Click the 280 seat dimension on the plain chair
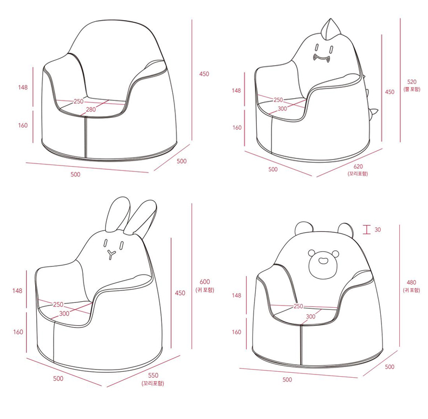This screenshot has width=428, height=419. [91, 110]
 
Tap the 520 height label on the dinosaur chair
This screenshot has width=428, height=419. [412, 82]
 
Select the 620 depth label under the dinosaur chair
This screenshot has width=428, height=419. [358, 167]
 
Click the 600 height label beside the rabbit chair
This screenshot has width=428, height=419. [205, 282]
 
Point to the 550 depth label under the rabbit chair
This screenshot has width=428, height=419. [153, 375]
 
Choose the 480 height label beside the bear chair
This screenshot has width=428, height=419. [411, 282]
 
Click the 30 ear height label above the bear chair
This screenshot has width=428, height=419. [378, 230]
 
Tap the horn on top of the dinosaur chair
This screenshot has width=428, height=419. [330, 29]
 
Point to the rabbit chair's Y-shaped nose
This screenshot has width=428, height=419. [111, 254]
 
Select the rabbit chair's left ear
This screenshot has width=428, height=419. [119, 215]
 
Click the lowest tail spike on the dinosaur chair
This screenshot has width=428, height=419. [373, 112]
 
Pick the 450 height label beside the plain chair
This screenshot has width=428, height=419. [204, 74]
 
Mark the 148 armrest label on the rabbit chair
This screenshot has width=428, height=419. [17, 290]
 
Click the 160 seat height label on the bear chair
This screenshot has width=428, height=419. [237, 332]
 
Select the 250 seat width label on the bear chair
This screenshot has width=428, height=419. [299, 306]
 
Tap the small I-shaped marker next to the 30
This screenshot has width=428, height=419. [367, 230]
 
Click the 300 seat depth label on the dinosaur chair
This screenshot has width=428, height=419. [282, 109]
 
